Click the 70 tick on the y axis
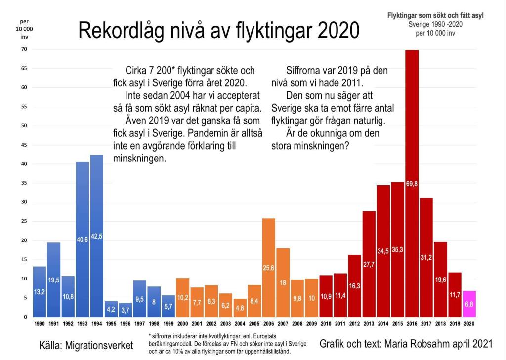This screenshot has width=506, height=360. pyautogui.click(x=24, y=49)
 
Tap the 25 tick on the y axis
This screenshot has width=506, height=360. pyautogui.click(x=24, y=221)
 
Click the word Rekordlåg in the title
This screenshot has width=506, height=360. pyautogui.click(x=119, y=31)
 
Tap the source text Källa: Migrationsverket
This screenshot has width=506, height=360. pyautogui.click(x=86, y=345)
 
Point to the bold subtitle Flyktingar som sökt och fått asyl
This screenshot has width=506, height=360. pyautogui.click(x=435, y=15)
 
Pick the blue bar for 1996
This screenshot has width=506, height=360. pyautogui.click(x=126, y=310)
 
